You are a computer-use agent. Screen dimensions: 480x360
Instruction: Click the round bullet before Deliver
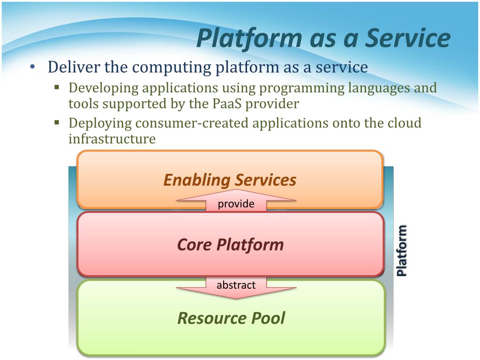pos(33,67)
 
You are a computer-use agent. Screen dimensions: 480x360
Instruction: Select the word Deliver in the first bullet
pos(74,67)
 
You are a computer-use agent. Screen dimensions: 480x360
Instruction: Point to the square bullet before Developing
pos(57,87)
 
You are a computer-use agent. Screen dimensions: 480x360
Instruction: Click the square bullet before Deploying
pos(57,122)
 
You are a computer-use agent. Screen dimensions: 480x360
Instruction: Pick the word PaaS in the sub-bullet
pos(227,104)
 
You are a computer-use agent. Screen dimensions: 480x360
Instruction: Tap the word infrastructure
pos(112,139)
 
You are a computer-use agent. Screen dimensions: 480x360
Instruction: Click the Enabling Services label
pos(230,180)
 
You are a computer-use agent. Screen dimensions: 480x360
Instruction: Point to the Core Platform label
pos(230,245)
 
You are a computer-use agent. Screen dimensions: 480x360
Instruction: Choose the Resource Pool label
pos(231,318)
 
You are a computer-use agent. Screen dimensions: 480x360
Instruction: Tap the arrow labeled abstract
pos(236,288)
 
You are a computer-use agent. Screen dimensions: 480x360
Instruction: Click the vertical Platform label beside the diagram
pos(402,250)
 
